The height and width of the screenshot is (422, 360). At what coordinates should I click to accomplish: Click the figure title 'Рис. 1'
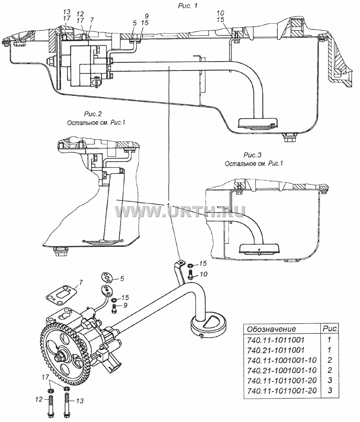coord(188,5)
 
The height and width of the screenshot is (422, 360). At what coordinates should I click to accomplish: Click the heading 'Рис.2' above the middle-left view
coord(93,114)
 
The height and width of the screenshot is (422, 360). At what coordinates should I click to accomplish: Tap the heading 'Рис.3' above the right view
coord(253,155)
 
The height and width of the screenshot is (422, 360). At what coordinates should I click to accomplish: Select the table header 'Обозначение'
coord(271,329)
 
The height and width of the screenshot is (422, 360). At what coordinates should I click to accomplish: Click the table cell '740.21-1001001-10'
coord(282,370)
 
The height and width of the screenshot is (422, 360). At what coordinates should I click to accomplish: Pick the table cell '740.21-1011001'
coord(276,350)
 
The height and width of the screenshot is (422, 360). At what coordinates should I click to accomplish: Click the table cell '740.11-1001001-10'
coord(282,360)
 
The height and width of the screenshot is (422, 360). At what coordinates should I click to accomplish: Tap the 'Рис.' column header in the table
coord(330,329)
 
